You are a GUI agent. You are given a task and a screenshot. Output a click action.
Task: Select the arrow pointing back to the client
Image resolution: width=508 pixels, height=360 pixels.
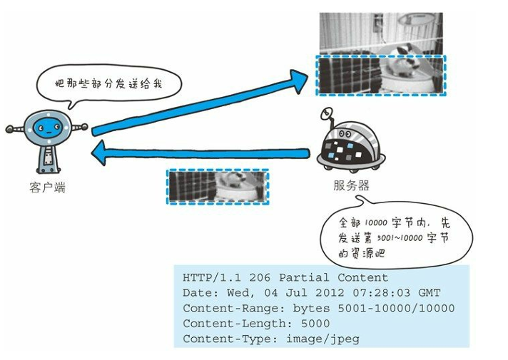click(x=200, y=152)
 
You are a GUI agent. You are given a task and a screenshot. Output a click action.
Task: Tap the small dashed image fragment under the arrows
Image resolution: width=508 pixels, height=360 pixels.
click(x=218, y=187)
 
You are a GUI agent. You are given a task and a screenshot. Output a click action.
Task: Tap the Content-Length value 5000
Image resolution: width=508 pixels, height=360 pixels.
click(x=309, y=324)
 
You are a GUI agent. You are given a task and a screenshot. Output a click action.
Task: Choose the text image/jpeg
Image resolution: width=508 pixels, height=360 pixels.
click(x=322, y=339)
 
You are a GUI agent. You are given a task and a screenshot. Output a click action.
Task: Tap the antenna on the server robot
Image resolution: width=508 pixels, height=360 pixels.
click(x=327, y=114)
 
